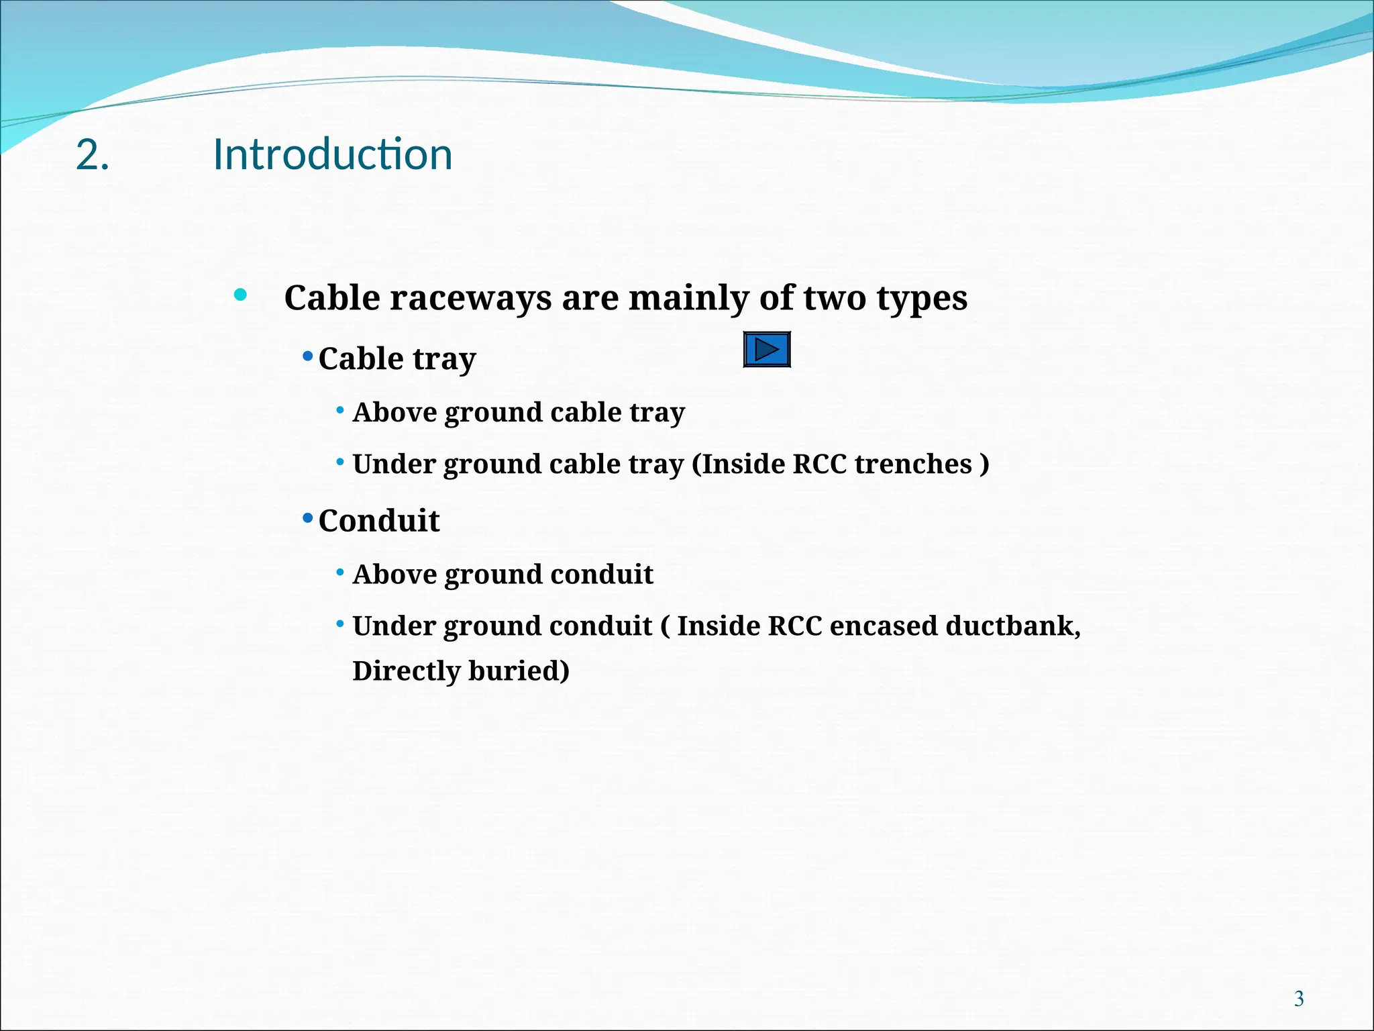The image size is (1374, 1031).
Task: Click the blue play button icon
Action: pos(767,350)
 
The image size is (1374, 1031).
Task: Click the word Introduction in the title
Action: pos(333,154)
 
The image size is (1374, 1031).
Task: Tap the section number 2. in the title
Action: pos(93,155)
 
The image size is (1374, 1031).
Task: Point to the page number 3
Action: pos(1299,999)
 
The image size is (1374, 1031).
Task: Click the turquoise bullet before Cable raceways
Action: pos(240,295)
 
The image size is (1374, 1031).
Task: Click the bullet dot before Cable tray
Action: pos(308,356)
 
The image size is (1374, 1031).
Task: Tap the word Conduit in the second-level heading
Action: pos(379,521)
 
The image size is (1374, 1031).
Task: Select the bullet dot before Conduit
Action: pos(308,518)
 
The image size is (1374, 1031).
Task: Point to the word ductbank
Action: pos(1012,626)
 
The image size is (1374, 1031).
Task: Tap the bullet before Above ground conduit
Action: pos(340,573)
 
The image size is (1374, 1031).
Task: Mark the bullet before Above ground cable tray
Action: pos(340,409)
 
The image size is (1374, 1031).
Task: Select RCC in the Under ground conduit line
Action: pos(794,626)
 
